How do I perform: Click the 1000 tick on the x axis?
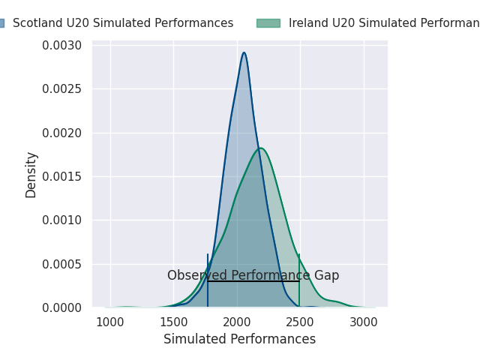click(110, 322)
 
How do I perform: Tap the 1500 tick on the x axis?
click(174, 322)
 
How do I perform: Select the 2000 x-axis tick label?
click(237, 322)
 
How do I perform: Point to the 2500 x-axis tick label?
click(300, 322)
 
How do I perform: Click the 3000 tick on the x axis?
click(364, 322)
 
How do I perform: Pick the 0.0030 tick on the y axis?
click(61, 46)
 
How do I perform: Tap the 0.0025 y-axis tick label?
click(61, 89)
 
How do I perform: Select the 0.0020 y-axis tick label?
click(61, 133)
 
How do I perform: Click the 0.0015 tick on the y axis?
click(61, 177)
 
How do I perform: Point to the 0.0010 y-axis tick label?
click(61, 220)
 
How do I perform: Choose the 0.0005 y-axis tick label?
click(61, 264)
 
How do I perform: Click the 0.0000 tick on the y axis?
click(61, 307)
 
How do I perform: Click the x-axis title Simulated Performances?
click(239, 339)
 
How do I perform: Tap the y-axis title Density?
click(31, 175)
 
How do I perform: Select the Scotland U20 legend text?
click(123, 23)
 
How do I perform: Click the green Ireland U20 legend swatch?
click(268, 23)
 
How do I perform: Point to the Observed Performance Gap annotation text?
click(253, 275)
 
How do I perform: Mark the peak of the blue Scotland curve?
click(244, 52)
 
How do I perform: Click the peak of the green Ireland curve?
click(260, 148)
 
